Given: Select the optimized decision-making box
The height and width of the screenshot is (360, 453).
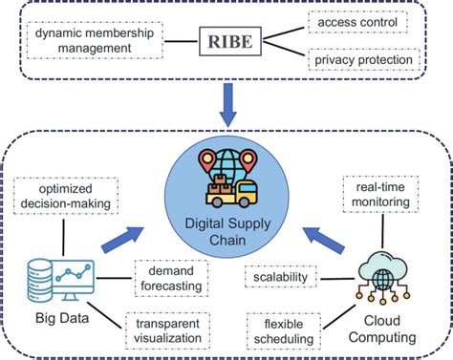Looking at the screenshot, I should tap(66, 196).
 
